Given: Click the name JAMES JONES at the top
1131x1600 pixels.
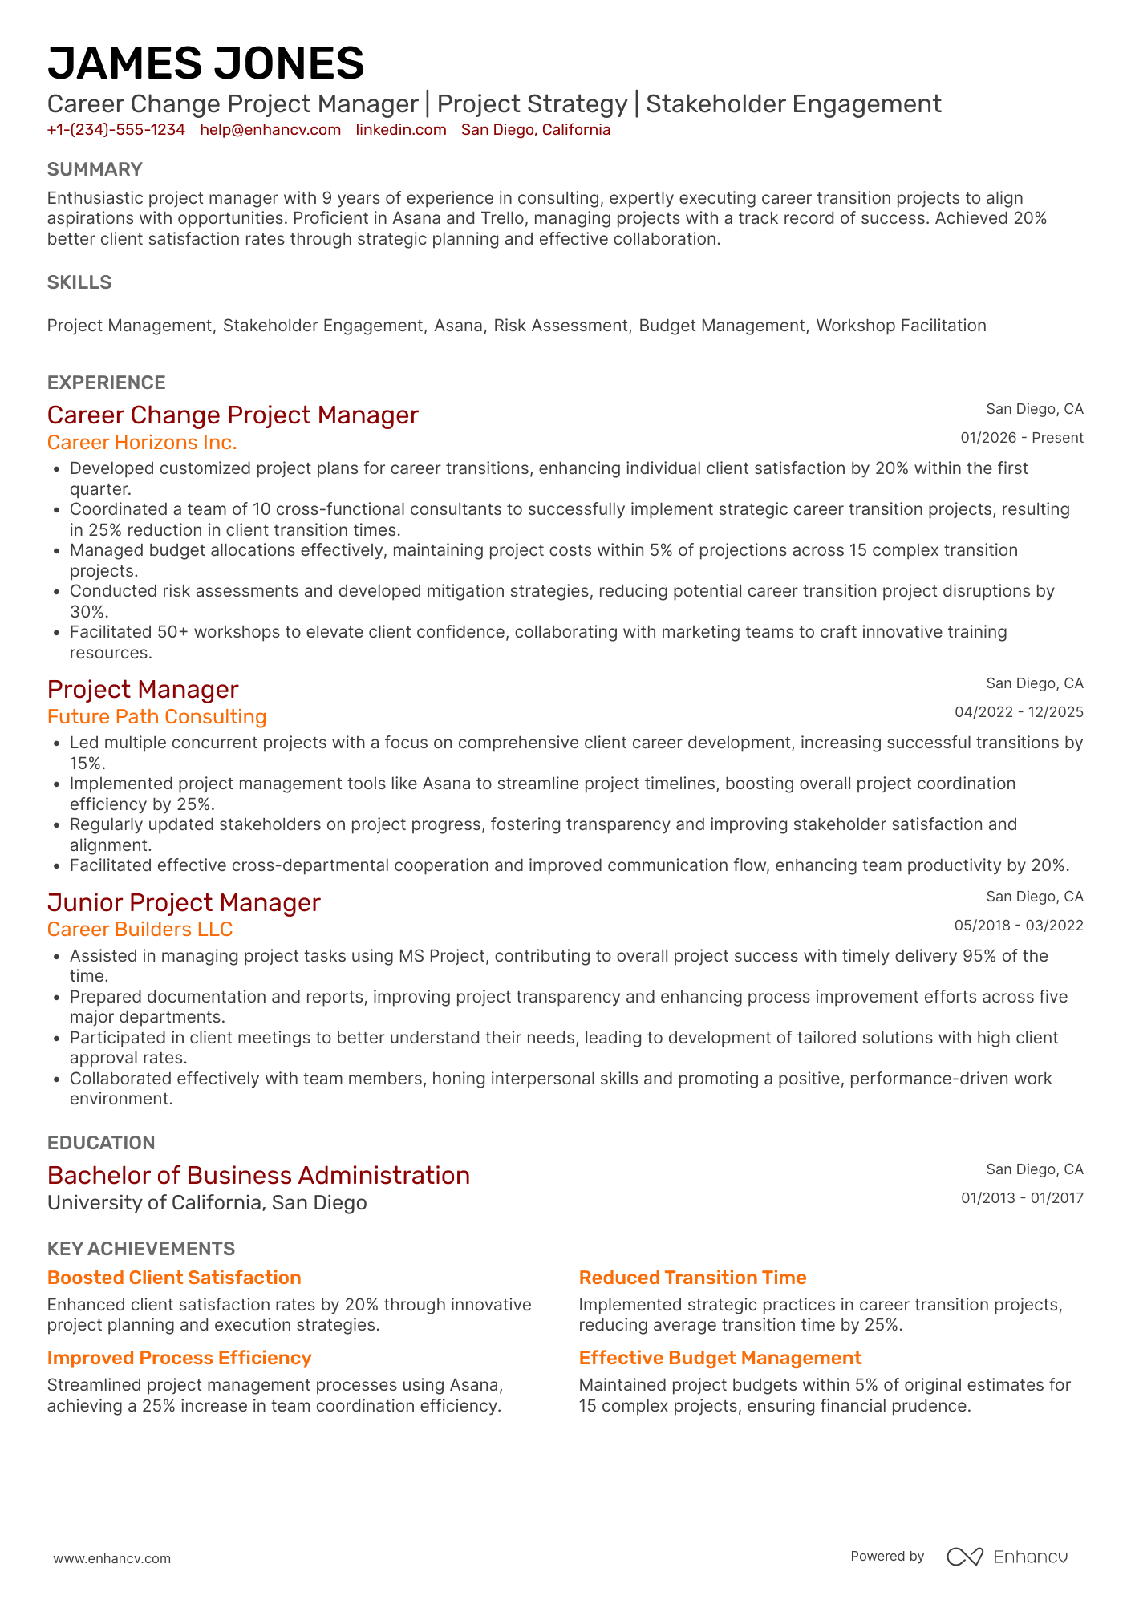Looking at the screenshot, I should (x=205, y=63).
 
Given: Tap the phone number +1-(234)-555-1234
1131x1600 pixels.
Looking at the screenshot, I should (x=116, y=130).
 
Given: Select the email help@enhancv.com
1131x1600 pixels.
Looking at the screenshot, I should (x=270, y=130).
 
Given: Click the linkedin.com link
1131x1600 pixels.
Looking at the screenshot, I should (x=401, y=130).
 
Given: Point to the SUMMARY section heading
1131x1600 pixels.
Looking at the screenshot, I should (x=95, y=169).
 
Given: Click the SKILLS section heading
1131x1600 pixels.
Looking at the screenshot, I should (x=79, y=282).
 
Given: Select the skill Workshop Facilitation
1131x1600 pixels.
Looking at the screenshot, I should (x=901, y=326).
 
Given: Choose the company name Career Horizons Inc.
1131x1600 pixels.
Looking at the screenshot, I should (x=142, y=443).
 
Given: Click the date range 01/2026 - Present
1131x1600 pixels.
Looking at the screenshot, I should (x=1021, y=438).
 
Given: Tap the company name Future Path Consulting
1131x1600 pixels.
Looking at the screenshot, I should (x=156, y=717).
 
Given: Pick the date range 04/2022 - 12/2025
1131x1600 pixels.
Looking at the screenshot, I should (x=1019, y=712).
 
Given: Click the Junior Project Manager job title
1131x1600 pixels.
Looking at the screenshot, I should (x=184, y=903).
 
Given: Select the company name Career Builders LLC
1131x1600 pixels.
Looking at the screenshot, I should (x=140, y=930).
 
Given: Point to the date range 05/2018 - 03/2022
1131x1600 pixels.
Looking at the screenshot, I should (x=1019, y=926).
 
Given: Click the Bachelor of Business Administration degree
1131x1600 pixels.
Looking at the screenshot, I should (x=258, y=1176).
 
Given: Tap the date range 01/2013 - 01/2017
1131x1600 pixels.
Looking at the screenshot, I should (x=1022, y=1198).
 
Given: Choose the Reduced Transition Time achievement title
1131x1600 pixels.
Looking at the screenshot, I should (x=692, y=1278).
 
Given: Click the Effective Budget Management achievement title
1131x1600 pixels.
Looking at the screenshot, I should (x=720, y=1358).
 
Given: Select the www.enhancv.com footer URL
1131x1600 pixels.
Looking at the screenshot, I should (x=112, y=1558).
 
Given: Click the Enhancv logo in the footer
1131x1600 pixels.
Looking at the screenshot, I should (x=1007, y=1557).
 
